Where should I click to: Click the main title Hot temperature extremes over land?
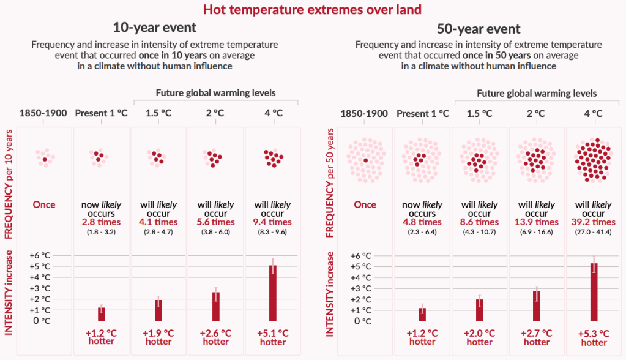pos(312,10)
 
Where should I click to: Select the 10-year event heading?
pos(155,28)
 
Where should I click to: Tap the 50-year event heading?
pos(479,29)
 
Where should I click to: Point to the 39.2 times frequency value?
pos(593,222)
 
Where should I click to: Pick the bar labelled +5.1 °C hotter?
pos(273,293)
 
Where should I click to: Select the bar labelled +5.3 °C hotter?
pos(594,292)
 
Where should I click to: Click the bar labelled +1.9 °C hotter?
pos(158,310)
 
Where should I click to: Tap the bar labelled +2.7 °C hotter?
pos(537,306)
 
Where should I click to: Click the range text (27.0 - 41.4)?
pos(593,232)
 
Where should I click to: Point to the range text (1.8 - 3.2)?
pos(102,232)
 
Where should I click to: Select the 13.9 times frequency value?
pos(537,222)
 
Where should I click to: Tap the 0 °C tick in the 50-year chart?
pos(365,321)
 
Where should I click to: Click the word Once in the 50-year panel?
pos(365,204)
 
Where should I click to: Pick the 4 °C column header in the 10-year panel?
pos(273,113)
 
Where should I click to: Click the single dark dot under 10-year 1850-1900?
pos(45,159)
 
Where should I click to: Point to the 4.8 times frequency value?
pos(422,222)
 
